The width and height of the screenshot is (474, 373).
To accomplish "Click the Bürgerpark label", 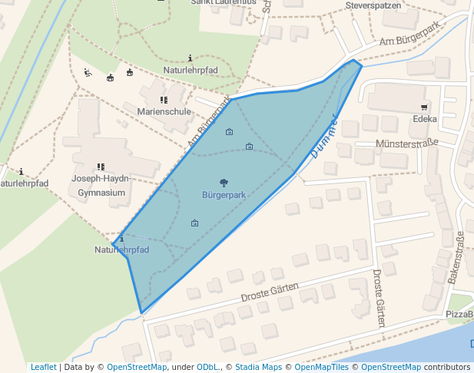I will tap(224, 195).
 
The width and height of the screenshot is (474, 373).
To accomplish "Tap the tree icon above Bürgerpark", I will tap(224, 183).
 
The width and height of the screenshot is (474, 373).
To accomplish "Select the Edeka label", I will tap(424, 119).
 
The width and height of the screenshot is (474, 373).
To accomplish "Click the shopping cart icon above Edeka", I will tap(423, 107).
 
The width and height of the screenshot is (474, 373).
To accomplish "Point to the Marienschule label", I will tap(164, 111).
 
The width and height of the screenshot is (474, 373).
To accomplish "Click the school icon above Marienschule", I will tap(164, 100).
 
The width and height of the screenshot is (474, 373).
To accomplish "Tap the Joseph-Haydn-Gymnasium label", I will tap(101, 186).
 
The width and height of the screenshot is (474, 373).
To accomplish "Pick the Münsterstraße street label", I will tap(406, 144).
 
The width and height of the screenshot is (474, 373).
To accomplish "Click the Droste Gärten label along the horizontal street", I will tap(269, 292).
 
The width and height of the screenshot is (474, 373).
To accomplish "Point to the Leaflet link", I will tap(43, 367).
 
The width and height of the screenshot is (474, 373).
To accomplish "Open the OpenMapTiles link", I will tap(322, 367).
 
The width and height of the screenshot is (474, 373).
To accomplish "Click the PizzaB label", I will tap(459, 315).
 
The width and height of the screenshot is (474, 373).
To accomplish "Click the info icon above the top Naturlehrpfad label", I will tap(191, 58).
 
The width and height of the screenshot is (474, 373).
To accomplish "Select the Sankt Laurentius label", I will tap(222, 3).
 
